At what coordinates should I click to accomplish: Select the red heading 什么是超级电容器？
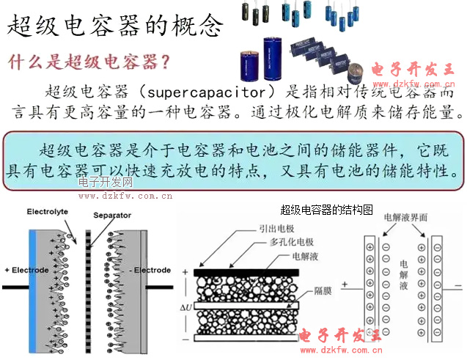tap(90, 60)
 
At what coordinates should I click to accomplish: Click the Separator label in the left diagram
tap(112, 216)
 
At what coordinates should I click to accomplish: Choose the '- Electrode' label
tap(149, 271)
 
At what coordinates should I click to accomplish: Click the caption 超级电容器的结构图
tap(327, 210)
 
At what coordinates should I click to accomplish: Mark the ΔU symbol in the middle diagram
tap(188, 304)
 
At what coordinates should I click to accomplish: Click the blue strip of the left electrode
tap(32, 286)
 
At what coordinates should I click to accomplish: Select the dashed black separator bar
tap(89, 286)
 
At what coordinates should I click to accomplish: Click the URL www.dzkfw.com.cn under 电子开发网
tap(125, 196)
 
